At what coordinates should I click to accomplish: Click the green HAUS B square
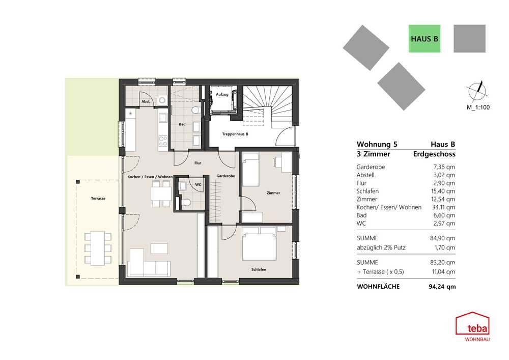coord(425,39)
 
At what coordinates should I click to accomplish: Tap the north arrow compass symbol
coord(477,91)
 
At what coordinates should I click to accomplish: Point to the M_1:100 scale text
coord(478,107)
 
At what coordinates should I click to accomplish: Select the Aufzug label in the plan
coord(222,95)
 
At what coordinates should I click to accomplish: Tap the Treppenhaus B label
coord(235,134)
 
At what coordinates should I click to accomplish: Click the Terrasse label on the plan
coord(98,199)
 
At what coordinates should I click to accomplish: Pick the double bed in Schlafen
coord(259,243)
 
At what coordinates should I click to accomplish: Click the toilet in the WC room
coord(186,203)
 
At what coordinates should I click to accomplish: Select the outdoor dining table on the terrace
coord(98,248)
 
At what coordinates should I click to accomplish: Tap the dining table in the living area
coord(161,194)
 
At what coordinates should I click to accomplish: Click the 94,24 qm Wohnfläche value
coord(442,287)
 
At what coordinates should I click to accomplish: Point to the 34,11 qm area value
coord(443,207)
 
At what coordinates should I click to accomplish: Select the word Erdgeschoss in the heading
coord(434,154)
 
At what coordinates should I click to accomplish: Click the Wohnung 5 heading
coord(377,145)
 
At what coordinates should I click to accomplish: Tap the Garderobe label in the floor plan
coord(225,176)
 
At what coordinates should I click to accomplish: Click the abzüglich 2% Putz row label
coord(381,247)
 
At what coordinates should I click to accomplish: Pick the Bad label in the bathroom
coord(182,124)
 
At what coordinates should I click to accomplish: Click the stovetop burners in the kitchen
coord(163,142)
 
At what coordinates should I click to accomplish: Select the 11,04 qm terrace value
coord(443,272)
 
